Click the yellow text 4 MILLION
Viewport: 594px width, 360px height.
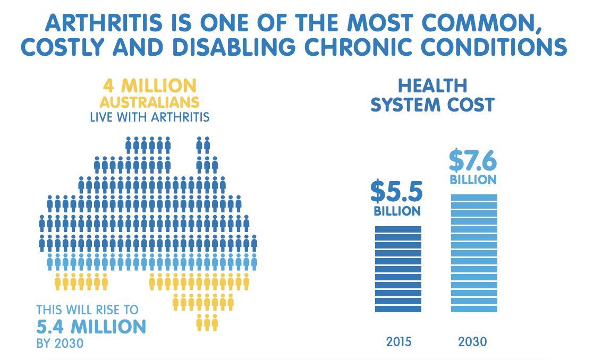click(150, 85)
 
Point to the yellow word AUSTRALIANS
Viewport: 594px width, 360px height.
click(150, 101)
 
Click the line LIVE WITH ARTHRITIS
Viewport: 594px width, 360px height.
click(150, 117)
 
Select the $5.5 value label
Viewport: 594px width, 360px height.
click(397, 192)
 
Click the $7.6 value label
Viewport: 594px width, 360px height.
click(473, 160)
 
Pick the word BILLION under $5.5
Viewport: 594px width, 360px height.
click(397, 211)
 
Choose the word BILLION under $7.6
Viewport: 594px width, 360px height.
click(473, 179)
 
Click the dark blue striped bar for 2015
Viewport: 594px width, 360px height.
click(398, 269)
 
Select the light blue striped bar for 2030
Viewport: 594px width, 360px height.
click(474, 253)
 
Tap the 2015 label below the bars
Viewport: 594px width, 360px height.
click(398, 341)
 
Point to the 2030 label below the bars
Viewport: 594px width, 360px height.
click(472, 341)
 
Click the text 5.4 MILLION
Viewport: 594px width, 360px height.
click(91, 326)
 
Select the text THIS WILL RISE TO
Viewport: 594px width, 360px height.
click(87, 310)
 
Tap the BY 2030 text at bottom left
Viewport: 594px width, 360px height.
click(60, 343)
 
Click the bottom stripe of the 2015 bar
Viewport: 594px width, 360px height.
click(398, 308)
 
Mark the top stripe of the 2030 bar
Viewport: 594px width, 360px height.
click(474, 198)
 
